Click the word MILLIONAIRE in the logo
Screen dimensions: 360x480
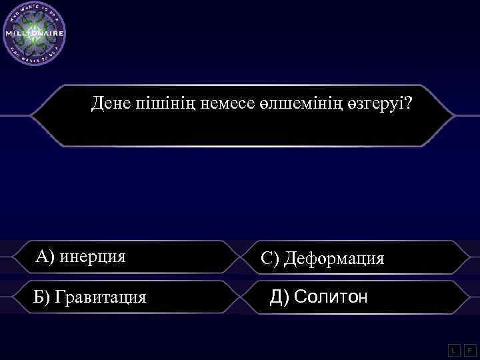pos(35,33)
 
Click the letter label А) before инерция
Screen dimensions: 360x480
pos(47,257)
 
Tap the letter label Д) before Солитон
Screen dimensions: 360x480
pos(279,295)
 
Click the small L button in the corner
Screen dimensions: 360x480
pos(453,349)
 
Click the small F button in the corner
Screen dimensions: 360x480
pos(469,349)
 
